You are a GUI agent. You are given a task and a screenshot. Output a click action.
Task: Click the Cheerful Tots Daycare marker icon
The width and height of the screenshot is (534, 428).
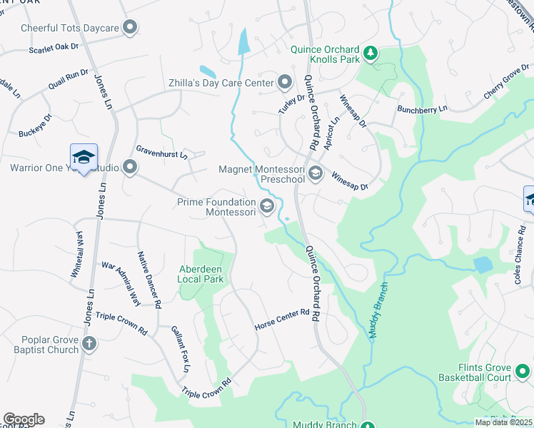[x=129, y=28]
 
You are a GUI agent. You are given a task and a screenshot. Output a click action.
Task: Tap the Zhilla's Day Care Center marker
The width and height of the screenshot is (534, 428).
[x=285, y=83]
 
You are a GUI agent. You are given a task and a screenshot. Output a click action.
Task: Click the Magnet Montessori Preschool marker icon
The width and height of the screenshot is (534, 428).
[x=315, y=173]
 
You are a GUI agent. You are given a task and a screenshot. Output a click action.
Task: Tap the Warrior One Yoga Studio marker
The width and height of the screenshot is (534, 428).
[x=129, y=168]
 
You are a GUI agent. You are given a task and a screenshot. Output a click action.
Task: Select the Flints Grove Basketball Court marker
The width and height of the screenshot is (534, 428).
[x=522, y=371]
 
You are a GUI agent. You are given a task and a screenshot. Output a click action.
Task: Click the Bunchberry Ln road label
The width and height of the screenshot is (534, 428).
[x=422, y=110]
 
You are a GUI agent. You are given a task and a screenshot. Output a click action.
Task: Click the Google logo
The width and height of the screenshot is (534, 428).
[x=24, y=419]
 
